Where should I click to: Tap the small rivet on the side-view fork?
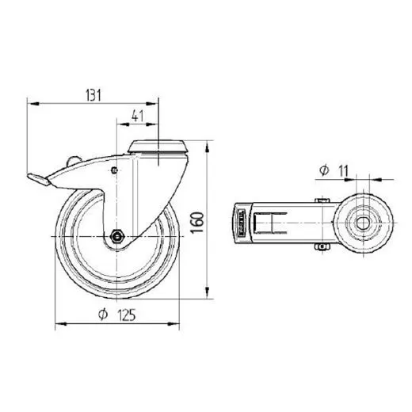pos(116,170)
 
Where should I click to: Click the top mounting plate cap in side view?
pos(159,145)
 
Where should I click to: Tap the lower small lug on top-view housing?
pos(322,250)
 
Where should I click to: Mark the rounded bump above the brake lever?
pos(74,162)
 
